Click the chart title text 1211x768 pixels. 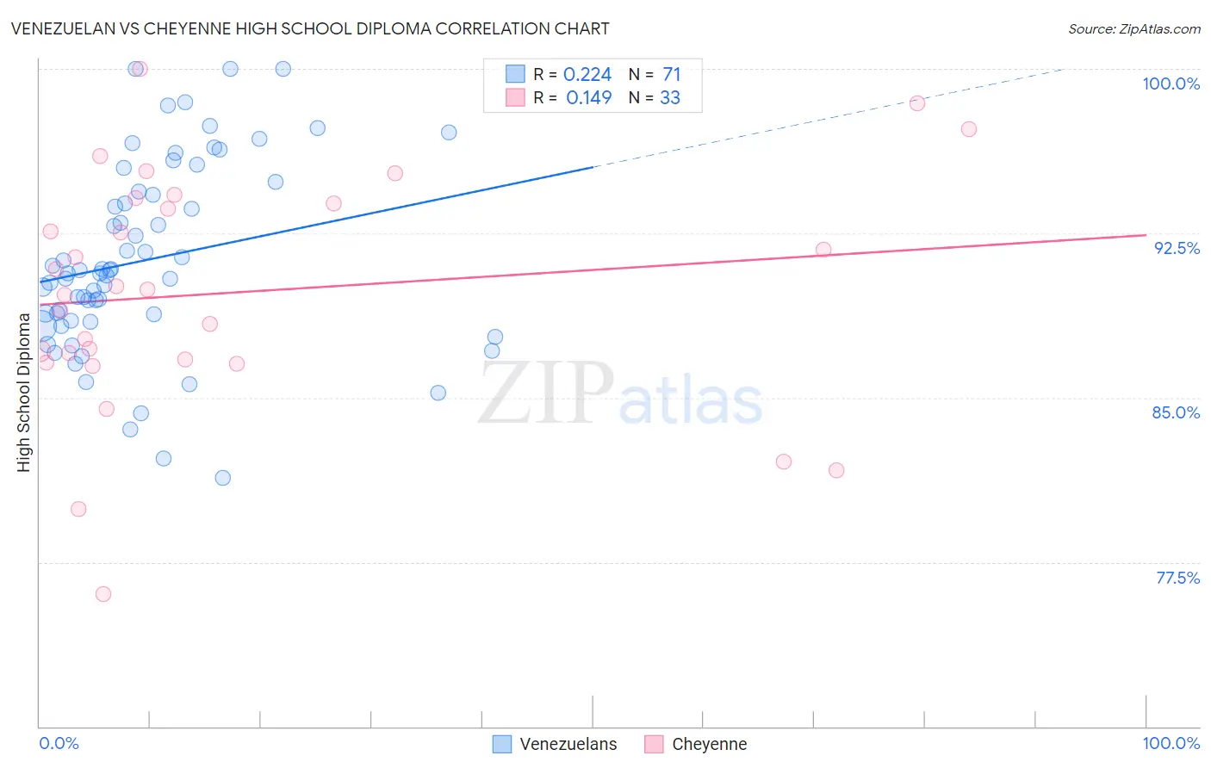coord(310,28)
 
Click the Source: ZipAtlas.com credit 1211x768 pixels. coord(1133,28)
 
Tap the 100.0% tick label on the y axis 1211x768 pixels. coord(1171,84)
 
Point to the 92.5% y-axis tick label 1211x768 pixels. coord(1177,248)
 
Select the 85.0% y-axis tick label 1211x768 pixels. coord(1176,412)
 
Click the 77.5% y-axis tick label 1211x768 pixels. coord(1177,578)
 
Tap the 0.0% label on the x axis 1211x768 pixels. coord(59,743)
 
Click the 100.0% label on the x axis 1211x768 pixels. coord(1171,743)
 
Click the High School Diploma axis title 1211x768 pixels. coord(23,392)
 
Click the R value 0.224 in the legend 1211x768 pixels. coord(587,75)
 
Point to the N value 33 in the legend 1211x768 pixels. coord(670,98)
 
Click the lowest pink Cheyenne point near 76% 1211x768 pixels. coord(103,594)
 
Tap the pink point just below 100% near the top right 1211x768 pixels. coord(917,103)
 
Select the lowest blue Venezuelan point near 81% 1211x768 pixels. coord(223,478)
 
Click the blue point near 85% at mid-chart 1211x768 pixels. coord(438,393)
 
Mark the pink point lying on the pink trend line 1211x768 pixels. coord(823,250)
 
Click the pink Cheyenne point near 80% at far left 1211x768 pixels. coord(78,509)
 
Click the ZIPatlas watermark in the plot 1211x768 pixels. coord(620,393)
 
